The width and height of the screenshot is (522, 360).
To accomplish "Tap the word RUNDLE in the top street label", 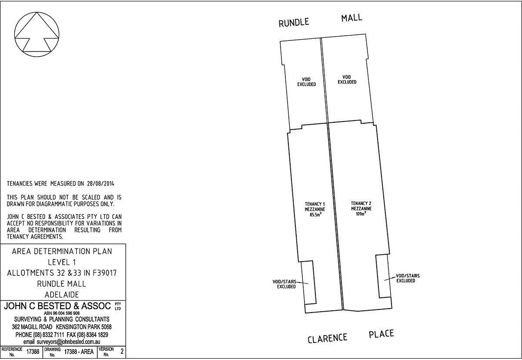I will tap(294, 22).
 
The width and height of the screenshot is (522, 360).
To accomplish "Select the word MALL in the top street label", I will tap(351, 18).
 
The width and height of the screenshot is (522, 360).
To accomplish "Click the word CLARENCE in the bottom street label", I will tap(328, 338).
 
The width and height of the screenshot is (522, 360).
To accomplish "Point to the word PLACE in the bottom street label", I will tap(381, 334).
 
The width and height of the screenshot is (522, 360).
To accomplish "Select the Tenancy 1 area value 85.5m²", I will tap(315, 215).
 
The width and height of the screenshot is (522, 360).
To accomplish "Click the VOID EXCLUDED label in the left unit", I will tap(306, 82).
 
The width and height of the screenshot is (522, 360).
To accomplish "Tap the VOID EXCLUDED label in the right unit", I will tap(347, 80).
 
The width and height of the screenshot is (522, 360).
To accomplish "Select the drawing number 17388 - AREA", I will tap(79, 352).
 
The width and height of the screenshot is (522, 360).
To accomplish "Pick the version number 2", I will tap(122, 351).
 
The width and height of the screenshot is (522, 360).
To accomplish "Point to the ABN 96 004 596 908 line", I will tap(62, 313).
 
